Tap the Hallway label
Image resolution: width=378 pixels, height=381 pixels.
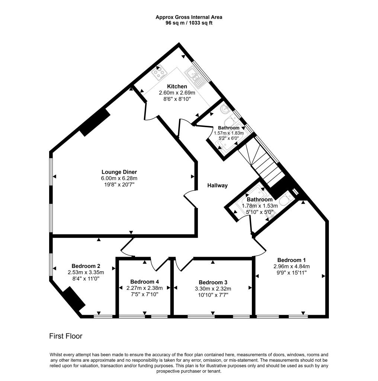(217, 185)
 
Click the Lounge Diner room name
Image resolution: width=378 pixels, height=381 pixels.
(119, 172)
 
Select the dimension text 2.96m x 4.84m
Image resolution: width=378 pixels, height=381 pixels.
(291, 266)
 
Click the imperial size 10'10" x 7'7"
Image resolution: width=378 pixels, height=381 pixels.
(213, 295)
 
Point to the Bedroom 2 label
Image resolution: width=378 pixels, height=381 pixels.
(86, 266)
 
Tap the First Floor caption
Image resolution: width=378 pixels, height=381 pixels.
(65, 336)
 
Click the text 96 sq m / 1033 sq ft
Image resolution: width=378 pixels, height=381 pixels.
(189, 23)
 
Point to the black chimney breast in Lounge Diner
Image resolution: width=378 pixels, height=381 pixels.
(94, 122)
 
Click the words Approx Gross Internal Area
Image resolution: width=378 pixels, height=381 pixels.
(189, 17)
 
